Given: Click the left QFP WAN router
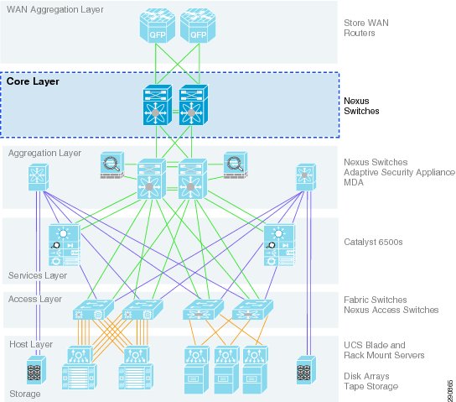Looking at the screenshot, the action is pyautogui.click(x=157, y=26).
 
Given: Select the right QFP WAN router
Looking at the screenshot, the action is pyautogui.click(x=198, y=26).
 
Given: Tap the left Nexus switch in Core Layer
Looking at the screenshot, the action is pyautogui.click(x=158, y=105).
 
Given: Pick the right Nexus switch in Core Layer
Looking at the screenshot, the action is pyautogui.click(x=194, y=105).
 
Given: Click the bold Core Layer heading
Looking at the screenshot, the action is pyautogui.click(x=33, y=81).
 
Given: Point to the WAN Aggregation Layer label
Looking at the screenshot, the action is pyautogui.click(x=55, y=9).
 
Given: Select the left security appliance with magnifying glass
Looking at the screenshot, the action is pyautogui.click(x=112, y=165).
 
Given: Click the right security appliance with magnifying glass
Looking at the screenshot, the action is pyautogui.click(x=236, y=165).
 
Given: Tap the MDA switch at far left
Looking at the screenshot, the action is pyautogui.click(x=39, y=177).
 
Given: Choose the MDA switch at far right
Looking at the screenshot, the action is pyautogui.click(x=306, y=177).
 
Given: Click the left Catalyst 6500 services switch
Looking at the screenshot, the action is pyautogui.click(x=65, y=245).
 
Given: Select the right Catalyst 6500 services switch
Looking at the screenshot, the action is pyautogui.click(x=279, y=245).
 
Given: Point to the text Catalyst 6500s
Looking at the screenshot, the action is pyautogui.click(x=373, y=242).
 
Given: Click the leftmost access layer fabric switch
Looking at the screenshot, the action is pyautogui.click(x=93, y=310).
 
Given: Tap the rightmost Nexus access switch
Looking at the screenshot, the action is pyautogui.click(x=252, y=310).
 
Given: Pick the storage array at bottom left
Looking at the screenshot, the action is pyautogui.click(x=36, y=369).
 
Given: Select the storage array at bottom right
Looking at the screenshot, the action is pyautogui.click(x=306, y=369).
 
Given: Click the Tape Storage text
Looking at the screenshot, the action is pyautogui.click(x=371, y=386).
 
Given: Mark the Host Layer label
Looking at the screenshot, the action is pyautogui.click(x=31, y=344).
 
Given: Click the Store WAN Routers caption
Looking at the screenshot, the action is pyautogui.click(x=366, y=28).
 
